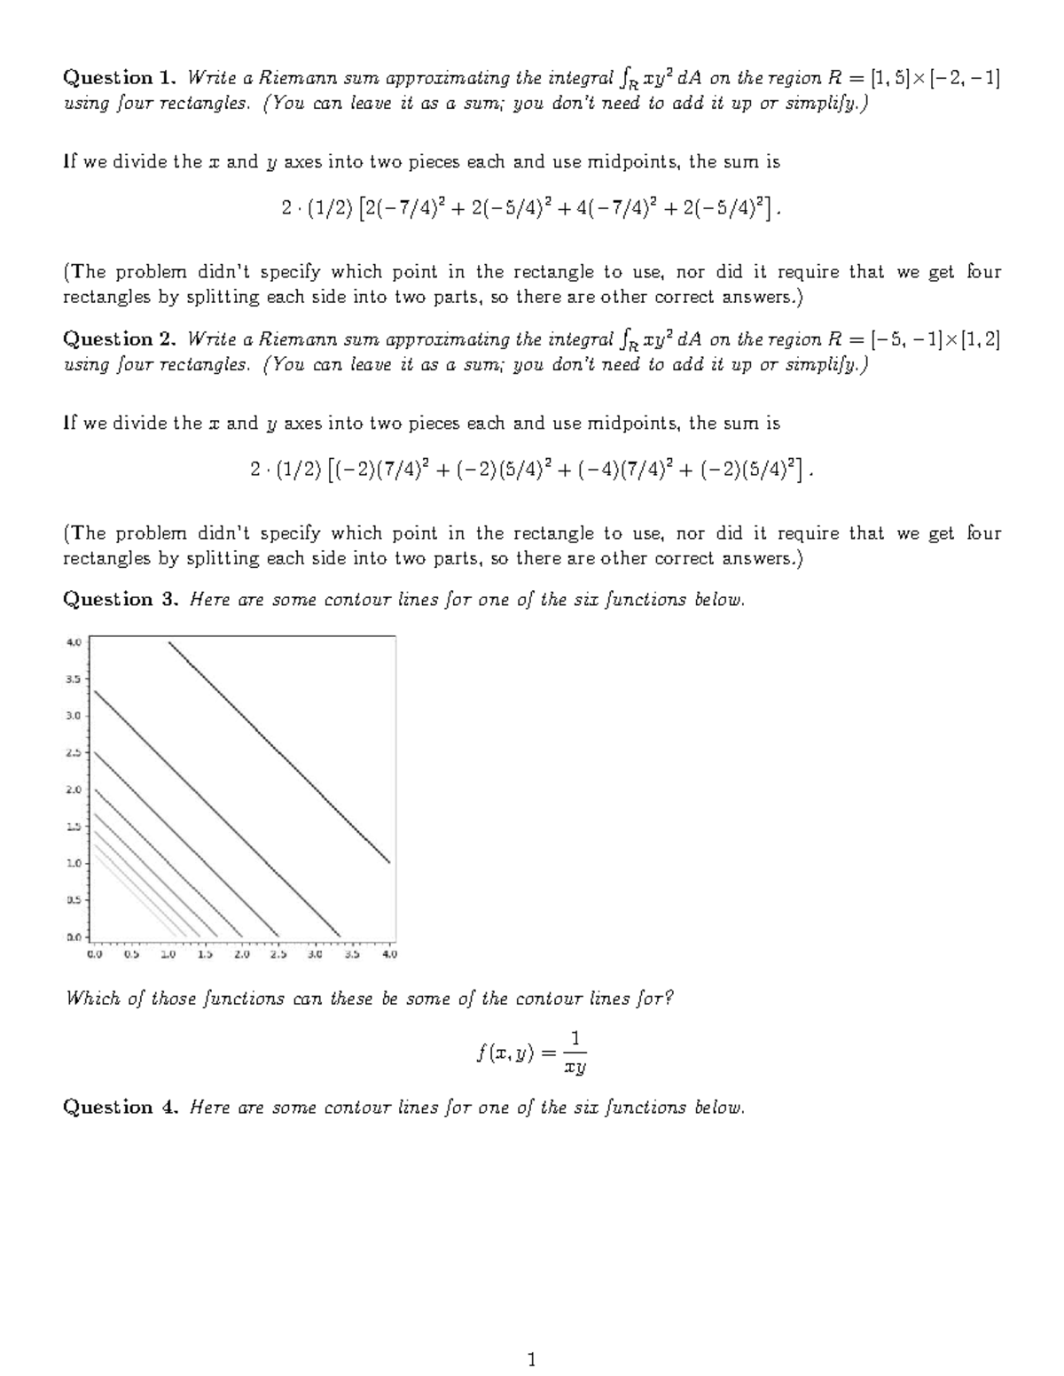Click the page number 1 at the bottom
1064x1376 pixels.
[x=531, y=1359]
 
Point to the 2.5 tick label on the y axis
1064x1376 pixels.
[x=74, y=752]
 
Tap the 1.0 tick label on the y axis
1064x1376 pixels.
[x=74, y=863]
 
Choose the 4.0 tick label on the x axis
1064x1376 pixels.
[x=389, y=955]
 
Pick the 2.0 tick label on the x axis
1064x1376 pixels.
[x=242, y=955]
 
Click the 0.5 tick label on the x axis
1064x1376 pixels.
[x=131, y=955]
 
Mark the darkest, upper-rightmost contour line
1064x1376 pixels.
[x=279, y=751]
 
